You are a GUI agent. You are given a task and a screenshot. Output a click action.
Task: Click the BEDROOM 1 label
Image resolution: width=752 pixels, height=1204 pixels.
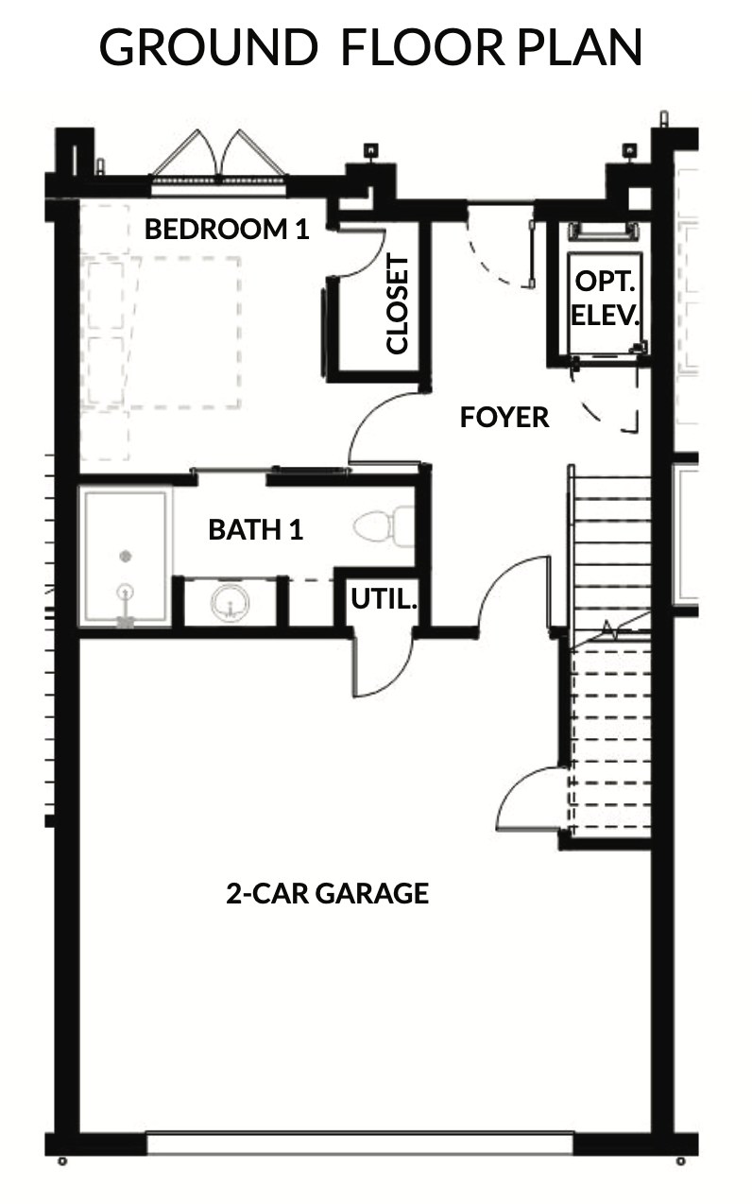227,229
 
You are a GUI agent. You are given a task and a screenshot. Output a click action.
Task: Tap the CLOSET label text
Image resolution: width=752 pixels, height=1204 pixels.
398,305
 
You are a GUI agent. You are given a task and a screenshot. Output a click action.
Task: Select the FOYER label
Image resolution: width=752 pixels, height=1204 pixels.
504,417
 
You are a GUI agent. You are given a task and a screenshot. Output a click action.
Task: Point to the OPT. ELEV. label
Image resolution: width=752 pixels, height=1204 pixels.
605,298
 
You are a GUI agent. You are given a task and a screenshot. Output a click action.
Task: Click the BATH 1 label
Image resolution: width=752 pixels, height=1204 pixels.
256,530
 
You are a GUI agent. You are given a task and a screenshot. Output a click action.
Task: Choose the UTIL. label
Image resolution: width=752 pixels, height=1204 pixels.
385,598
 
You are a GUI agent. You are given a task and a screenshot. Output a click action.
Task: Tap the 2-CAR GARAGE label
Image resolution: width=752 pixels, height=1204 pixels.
328,894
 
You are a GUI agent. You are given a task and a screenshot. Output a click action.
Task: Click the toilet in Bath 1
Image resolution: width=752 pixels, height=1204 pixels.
385,526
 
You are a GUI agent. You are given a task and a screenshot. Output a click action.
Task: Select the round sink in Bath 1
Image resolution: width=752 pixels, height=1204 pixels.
231,602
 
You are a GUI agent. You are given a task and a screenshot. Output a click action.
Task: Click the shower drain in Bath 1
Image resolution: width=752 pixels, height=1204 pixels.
126,556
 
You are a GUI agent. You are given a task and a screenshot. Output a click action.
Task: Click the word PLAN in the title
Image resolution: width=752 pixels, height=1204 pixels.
580,47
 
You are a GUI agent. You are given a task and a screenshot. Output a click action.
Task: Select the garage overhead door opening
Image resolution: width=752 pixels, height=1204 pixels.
360,1144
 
